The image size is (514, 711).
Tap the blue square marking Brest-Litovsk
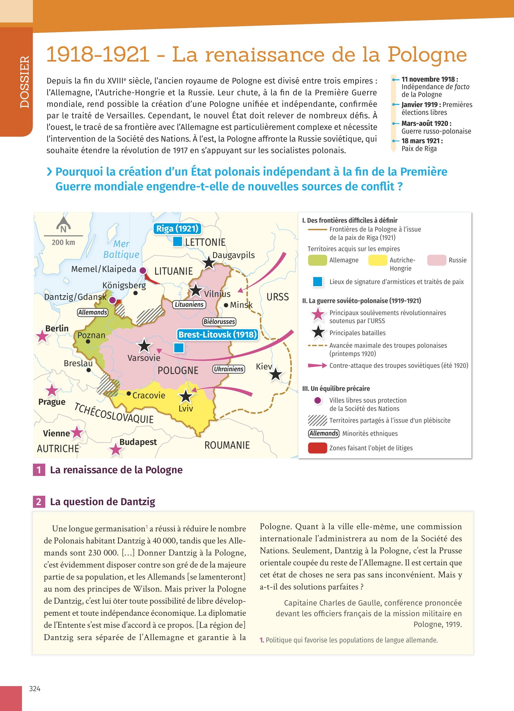179,348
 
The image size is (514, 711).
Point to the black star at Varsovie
144,346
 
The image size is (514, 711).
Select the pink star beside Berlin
42,336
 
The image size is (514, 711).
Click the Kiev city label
264,366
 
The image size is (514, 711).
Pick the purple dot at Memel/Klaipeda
143,270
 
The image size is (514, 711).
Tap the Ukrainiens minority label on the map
229,369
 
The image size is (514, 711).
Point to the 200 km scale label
63,242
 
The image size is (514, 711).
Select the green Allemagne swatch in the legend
317,260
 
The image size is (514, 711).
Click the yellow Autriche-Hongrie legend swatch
377,260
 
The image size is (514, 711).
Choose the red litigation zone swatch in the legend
318,448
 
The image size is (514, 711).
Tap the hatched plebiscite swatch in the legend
318,420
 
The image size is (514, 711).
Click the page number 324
35,689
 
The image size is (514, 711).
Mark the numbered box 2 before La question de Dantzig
39,502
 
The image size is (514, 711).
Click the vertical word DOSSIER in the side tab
24,82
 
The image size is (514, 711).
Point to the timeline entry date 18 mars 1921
422,141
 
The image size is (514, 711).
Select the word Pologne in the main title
427,55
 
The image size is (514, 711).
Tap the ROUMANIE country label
227,445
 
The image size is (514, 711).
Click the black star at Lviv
186,396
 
